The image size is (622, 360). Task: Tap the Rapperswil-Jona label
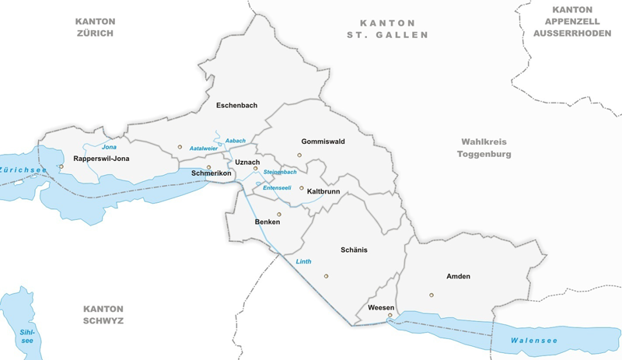(101, 159)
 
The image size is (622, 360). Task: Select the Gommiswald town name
(323, 142)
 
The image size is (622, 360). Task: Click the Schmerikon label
(211, 173)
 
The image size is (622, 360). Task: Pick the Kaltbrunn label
(326, 190)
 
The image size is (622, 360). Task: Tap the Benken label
(267, 222)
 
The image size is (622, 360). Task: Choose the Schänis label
(354, 250)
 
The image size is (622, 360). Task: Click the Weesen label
(381, 308)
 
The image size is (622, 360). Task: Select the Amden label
(458, 276)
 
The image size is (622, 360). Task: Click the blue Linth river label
(303, 261)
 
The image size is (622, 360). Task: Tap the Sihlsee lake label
(27, 337)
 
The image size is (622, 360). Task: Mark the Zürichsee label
(23, 170)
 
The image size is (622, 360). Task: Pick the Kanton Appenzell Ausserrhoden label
(574, 21)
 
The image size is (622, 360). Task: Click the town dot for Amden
(431, 295)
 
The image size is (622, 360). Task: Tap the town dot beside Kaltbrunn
(302, 188)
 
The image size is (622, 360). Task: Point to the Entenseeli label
(278, 187)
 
